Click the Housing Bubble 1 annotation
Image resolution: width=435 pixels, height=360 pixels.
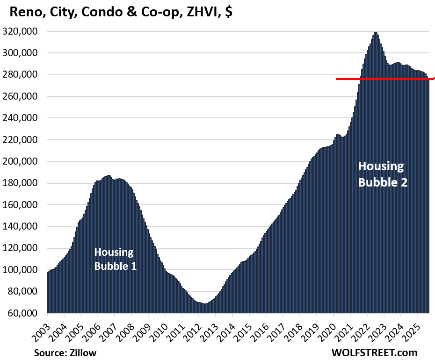tap(115, 259)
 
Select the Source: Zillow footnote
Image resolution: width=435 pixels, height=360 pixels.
tap(65, 353)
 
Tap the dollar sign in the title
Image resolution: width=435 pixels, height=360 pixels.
tap(228, 13)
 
